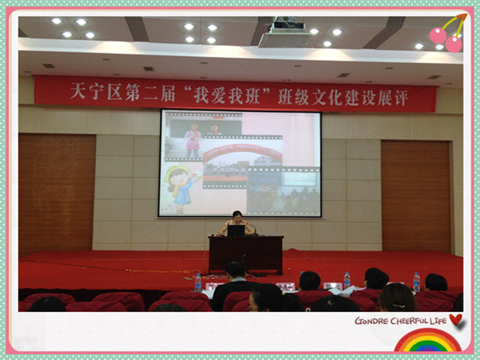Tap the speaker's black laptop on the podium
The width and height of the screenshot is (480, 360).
click(x=235, y=230)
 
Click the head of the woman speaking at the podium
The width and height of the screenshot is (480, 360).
click(x=237, y=215)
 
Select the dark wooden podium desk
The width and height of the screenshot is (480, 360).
click(x=246, y=253)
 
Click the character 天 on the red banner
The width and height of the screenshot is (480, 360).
click(x=78, y=91)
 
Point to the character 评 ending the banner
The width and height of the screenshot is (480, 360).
click(x=402, y=97)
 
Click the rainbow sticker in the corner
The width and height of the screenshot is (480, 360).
click(x=428, y=340)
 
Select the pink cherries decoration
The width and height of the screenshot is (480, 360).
click(x=448, y=34)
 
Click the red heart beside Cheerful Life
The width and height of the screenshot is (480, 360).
click(x=456, y=319)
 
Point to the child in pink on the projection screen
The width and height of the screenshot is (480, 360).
click(x=193, y=140)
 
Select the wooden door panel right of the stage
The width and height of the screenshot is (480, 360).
click(x=415, y=196)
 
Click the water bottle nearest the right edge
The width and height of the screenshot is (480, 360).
click(x=416, y=282)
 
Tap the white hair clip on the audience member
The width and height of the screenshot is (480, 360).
click(x=397, y=305)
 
